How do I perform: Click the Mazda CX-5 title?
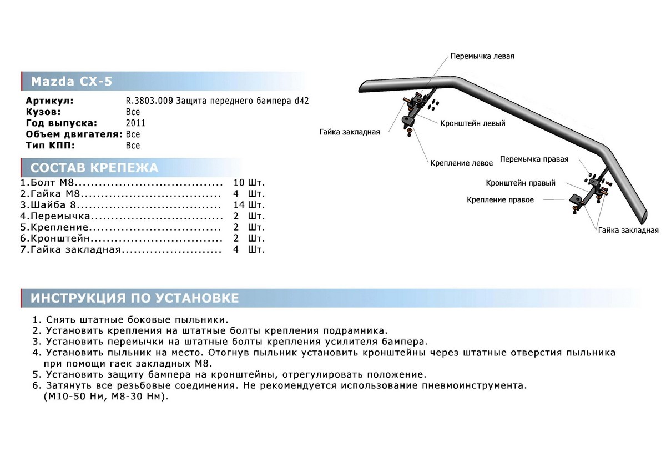click(x=71, y=82)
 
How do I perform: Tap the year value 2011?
click(x=135, y=123)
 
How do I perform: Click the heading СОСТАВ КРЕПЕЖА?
click(x=94, y=168)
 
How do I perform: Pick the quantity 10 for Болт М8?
click(x=239, y=182)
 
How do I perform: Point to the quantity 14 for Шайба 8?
click(x=239, y=204)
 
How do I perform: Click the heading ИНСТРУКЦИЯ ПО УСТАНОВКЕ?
click(x=134, y=298)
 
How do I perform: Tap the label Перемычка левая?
click(x=482, y=57)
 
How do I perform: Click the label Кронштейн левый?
click(x=472, y=123)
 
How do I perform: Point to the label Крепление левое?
click(x=461, y=163)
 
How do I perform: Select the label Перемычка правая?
click(x=534, y=159)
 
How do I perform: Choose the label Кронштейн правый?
click(x=521, y=183)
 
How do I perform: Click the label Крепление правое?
click(x=500, y=199)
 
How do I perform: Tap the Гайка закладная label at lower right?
click(x=628, y=230)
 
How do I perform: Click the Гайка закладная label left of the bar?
click(x=349, y=132)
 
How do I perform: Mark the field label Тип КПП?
click(x=50, y=146)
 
